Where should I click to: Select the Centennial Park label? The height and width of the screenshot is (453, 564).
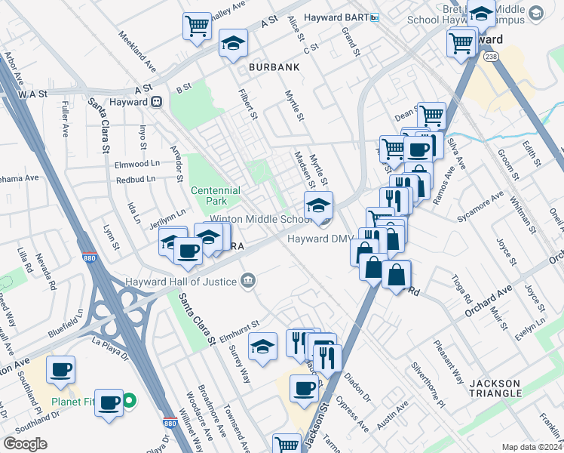[x=215, y=196]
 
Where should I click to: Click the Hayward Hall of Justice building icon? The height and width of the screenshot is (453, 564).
[x=247, y=282]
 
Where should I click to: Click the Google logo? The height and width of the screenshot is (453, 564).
[x=25, y=443]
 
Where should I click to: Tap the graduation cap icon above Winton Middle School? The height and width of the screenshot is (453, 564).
[x=318, y=205]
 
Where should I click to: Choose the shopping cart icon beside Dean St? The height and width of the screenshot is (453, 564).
[x=431, y=116]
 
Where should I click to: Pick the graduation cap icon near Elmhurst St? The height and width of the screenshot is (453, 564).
[x=263, y=347]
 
